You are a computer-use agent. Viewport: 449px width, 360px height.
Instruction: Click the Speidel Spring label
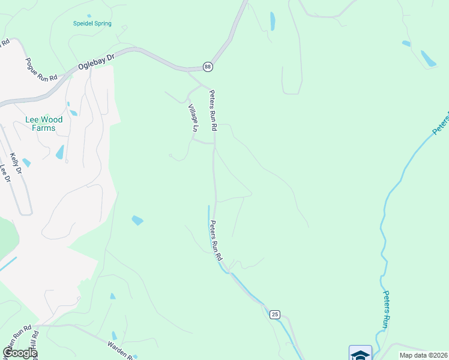92,24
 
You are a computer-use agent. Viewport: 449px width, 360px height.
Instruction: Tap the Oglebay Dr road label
95,63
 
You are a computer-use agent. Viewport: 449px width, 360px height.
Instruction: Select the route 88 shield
208,67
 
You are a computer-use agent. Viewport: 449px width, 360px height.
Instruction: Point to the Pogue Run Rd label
41,70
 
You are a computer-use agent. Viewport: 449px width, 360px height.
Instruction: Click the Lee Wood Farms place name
44,124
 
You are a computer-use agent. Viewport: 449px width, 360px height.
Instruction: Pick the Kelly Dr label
16,164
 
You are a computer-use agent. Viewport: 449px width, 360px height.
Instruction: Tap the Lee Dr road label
5,173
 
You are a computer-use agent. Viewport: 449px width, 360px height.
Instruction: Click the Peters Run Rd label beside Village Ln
212,110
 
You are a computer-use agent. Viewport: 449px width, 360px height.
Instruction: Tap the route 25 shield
274,314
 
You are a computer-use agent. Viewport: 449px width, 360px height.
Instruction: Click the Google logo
20,353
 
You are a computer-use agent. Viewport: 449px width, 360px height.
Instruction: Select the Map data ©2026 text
423,355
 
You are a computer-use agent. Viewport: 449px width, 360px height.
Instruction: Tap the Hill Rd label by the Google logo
35,344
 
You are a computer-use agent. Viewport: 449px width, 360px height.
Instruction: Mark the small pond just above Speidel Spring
89,16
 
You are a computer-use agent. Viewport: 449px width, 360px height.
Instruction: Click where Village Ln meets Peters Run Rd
214,143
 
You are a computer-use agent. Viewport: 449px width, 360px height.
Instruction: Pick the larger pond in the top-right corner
428,58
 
